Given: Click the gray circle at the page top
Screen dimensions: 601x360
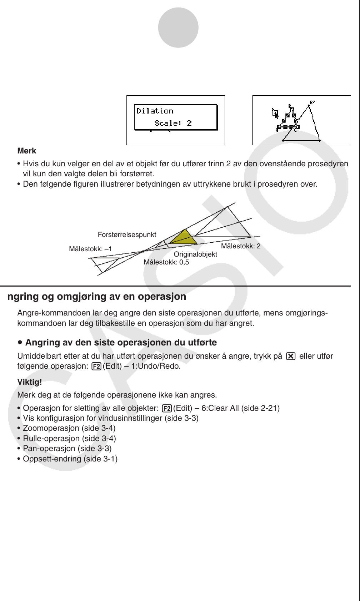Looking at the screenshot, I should click(178, 27).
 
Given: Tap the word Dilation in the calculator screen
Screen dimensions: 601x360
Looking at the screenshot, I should click(155, 111).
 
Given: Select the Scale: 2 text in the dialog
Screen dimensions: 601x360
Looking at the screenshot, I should click(173, 123).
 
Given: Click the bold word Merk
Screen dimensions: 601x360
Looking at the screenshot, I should click(27, 151).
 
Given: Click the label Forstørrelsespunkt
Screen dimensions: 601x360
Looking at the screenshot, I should click(127, 235).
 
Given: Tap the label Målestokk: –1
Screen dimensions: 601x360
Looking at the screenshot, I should click(90, 249).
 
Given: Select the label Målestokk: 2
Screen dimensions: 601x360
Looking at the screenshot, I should click(241, 246).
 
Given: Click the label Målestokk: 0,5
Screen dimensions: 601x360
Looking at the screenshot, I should click(166, 262).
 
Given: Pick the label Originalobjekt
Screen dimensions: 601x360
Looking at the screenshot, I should click(195, 254).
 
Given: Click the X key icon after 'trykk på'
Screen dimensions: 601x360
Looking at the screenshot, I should click(291, 356).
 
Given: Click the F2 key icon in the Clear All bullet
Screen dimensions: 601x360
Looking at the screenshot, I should click(167, 408).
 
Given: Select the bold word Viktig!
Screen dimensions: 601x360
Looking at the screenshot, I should click(30, 382).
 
